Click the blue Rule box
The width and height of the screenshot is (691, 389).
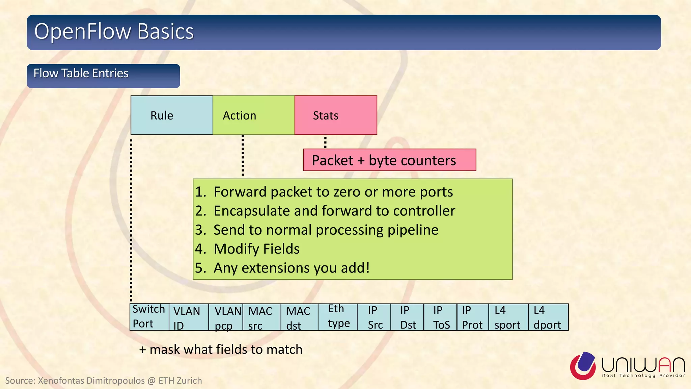pos(172,115)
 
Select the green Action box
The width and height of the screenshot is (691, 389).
pos(254,115)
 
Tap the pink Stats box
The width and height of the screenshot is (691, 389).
pos(336,115)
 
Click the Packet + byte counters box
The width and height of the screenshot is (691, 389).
pos(389,160)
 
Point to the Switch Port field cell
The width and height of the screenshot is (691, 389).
pos(149,317)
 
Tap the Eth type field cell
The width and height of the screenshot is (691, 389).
pos(337,317)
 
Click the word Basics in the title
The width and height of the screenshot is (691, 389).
pos(165,31)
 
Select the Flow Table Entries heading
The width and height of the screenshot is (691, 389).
pos(81,73)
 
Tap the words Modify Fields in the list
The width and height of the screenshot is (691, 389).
pos(256,249)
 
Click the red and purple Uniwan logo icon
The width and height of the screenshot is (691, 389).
pos(583,366)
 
